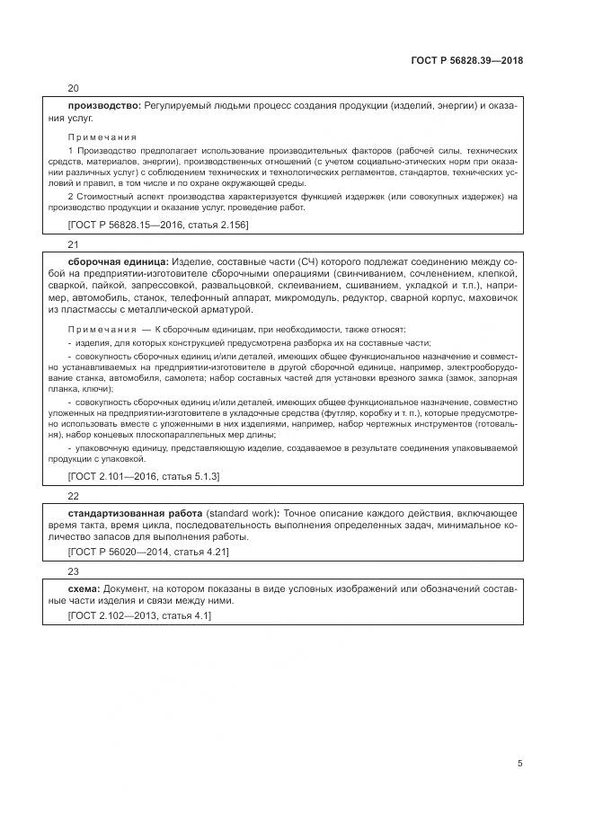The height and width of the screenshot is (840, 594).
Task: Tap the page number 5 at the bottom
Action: pyautogui.click(x=519, y=763)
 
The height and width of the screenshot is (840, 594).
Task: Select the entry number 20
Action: pyautogui.click(x=74, y=88)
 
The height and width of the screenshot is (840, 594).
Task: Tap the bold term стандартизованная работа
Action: pyautogui.click(x=135, y=512)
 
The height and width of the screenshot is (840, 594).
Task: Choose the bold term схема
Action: pyautogui.click(x=85, y=586)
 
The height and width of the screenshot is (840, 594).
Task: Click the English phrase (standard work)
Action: pyautogui.click(x=241, y=512)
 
